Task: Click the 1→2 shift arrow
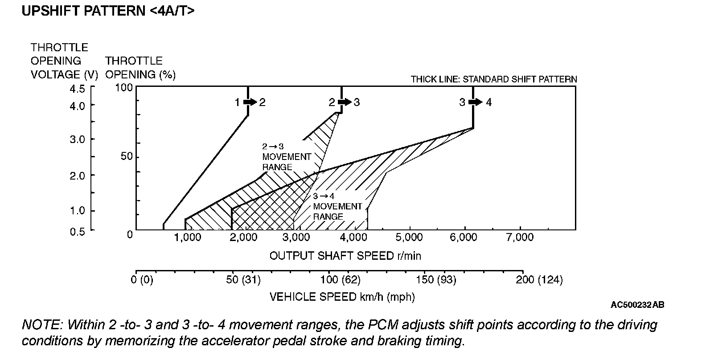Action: (x=250, y=102)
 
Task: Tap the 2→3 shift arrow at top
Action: (x=344, y=102)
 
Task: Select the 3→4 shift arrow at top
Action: (x=476, y=102)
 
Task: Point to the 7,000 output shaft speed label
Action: (x=520, y=237)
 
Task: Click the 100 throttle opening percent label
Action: (x=124, y=87)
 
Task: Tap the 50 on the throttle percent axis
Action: (x=127, y=157)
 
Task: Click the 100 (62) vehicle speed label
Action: (x=341, y=280)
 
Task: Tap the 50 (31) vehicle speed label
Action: (x=243, y=280)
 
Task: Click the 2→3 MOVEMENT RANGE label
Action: (x=286, y=157)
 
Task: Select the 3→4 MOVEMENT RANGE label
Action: (x=337, y=206)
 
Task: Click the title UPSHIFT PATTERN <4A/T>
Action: (x=108, y=11)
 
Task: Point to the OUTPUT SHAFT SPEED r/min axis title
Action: (x=345, y=256)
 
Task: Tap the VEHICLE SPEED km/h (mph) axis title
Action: (x=342, y=297)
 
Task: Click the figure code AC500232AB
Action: (x=637, y=305)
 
